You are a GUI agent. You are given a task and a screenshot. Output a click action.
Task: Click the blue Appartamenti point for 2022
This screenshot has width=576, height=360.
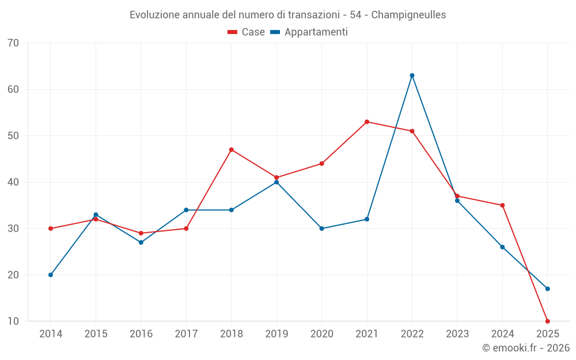tap(412, 75)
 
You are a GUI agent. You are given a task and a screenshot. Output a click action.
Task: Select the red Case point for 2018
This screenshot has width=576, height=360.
tap(231, 150)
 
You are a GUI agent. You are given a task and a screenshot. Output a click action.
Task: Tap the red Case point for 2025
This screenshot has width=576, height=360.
tap(547, 321)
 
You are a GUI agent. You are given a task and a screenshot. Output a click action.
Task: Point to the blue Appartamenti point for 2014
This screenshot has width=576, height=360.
tap(51, 275)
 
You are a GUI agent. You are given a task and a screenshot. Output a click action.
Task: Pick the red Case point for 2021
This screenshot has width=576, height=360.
tap(367, 122)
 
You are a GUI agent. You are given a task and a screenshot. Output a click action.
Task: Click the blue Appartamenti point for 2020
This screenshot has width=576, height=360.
tap(321, 229)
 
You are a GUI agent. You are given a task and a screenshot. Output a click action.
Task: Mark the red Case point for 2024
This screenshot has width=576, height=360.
tap(502, 206)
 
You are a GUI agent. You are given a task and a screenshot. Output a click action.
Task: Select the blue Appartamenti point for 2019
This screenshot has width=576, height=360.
tap(276, 182)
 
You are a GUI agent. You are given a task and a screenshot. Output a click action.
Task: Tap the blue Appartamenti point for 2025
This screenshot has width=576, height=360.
tap(547, 289)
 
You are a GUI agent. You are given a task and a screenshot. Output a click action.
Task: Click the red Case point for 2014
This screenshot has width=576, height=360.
tap(51, 229)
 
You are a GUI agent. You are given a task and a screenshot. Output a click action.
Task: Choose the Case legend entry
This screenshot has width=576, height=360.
tap(247, 32)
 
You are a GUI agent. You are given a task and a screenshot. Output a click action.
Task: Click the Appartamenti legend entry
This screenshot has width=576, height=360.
tap(309, 32)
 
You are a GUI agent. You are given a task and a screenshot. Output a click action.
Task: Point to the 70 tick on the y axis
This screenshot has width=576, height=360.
tap(14, 43)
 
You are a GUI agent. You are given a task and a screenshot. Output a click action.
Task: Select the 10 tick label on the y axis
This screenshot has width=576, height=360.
tap(14, 321)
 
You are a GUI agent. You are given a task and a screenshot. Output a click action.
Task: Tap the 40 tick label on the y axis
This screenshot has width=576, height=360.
tap(14, 182)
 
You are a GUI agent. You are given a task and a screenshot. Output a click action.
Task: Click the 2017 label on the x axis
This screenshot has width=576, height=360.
tap(186, 334)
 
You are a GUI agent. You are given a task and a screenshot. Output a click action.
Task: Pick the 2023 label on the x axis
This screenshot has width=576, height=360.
tap(457, 334)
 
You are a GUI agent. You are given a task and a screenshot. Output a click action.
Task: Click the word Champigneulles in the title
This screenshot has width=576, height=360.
tap(408, 15)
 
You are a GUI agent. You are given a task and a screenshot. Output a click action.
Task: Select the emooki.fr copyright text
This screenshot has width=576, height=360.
tap(525, 348)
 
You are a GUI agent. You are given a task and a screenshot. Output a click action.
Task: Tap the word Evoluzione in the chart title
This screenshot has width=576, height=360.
tap(154, 15)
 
